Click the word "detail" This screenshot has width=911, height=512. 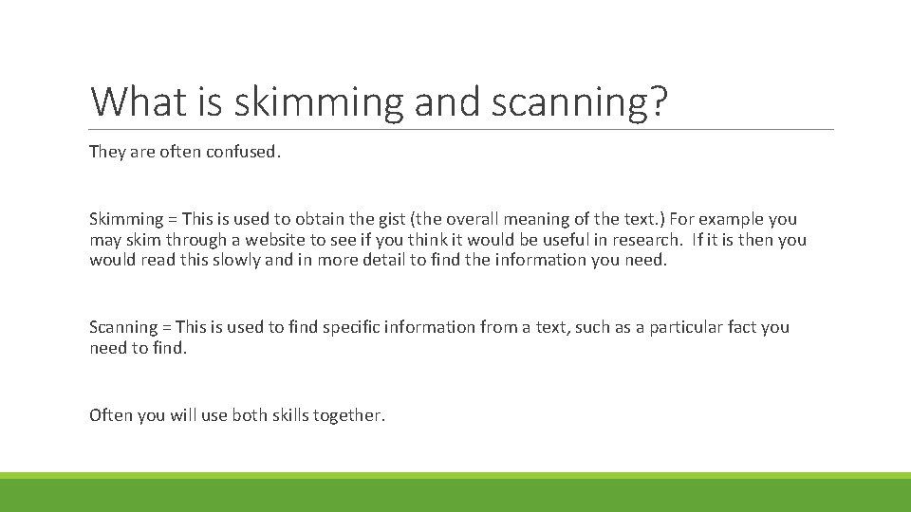coord(383,260)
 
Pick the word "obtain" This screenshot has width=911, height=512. coord(304,220)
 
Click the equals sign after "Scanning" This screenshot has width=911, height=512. coord(166,327)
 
